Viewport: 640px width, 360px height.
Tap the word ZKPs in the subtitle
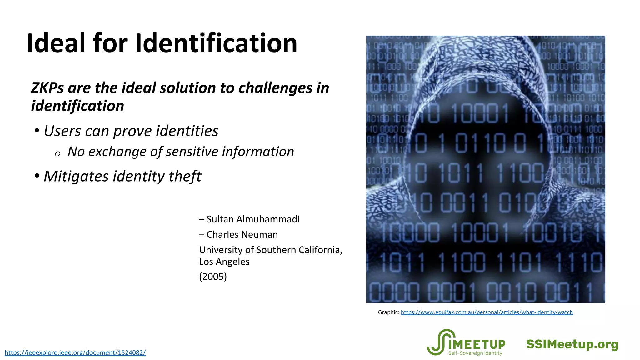click(x=47, y=88)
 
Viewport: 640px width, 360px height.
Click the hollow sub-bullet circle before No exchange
click(x=57, y=154)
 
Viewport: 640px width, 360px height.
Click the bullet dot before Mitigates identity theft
click(x=37, y=176)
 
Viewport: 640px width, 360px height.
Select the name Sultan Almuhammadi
click(x=253, y=219)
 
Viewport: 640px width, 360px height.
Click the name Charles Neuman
click(x=242, y=235)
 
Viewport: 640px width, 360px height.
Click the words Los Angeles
click(x=224, y=262)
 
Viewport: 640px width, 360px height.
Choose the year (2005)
click(x=213, y=277)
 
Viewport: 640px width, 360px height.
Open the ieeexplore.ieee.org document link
click(x=75, y=353)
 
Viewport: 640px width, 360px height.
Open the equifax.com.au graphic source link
click(x=487, y=312)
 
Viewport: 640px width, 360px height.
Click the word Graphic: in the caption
click(x=388, y=312)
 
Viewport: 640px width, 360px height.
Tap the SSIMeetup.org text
click(x=572, y=344)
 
